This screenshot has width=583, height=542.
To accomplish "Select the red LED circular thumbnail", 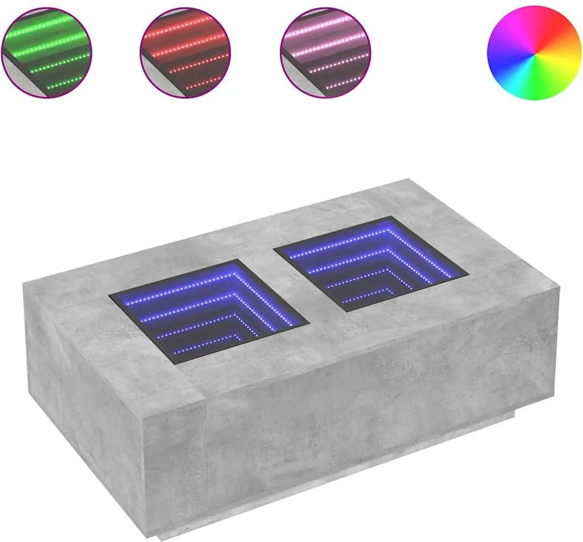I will pos(186,53).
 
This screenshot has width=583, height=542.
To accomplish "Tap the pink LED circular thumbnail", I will pos(326,53).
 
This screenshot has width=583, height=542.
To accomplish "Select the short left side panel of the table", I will pos(82,375).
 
